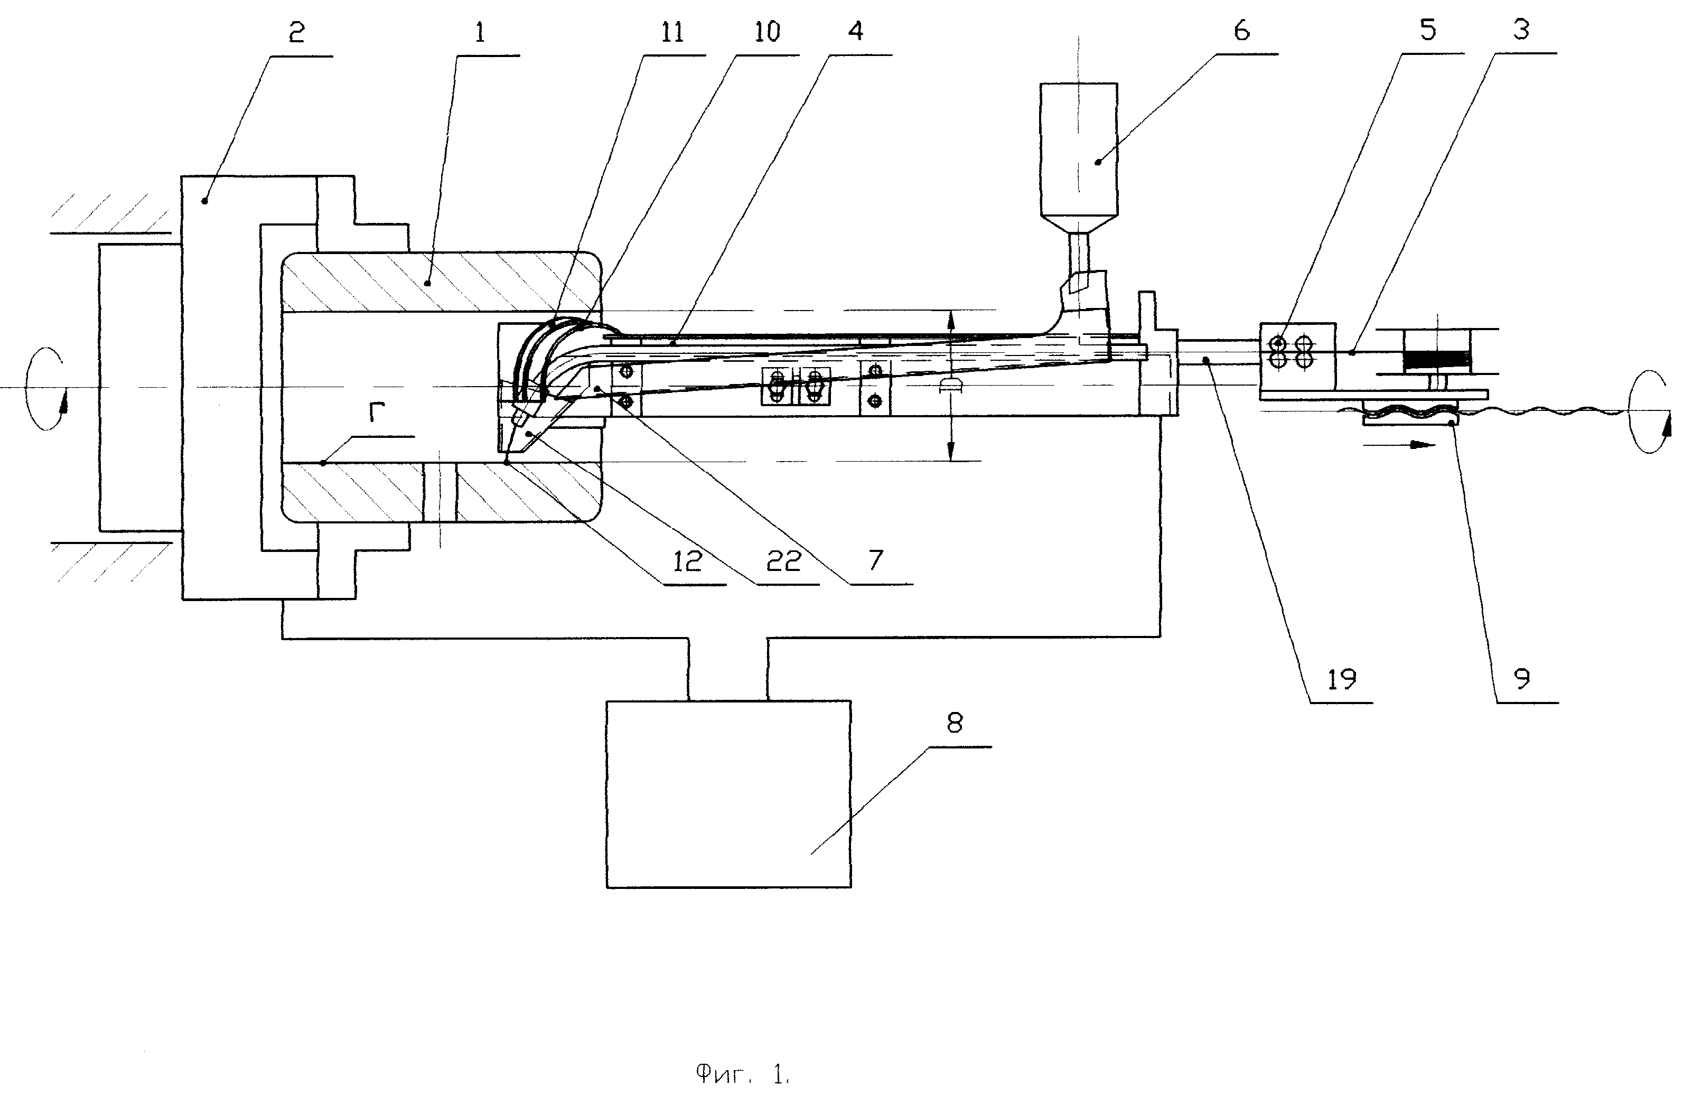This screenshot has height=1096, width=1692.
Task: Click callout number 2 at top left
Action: click(x=296, y=32)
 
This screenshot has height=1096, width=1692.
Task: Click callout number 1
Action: click(x=481, y=32)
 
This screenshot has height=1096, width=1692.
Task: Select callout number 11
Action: click(x=672, y=32)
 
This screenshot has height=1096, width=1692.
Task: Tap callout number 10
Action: click(x=767, y=32)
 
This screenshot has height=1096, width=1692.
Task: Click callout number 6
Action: click(x=1242, y=31)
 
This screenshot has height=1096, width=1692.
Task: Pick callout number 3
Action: click(x=1521, y=30)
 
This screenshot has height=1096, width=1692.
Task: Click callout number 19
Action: click(x=1342, y=679)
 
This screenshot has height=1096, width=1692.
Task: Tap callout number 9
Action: click(x=1522, y=679)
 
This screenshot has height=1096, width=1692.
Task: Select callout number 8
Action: click(x=955, y=723)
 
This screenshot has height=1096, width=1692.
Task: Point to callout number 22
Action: click(x=784, y=561)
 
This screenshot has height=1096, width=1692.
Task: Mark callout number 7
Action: click(x=876, y=560)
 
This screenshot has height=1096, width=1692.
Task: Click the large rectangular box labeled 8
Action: click(x=728, y=794)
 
